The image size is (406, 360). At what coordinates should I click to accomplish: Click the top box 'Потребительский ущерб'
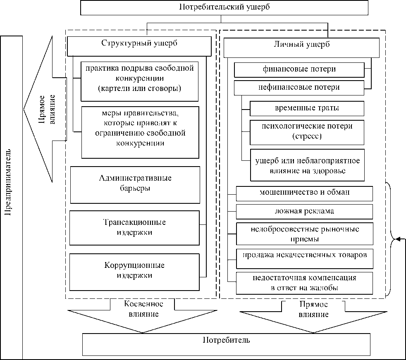224,7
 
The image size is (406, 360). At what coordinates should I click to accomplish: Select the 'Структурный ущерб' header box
139,45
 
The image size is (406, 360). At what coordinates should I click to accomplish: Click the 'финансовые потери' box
300,70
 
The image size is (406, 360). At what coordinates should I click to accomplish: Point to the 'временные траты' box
307,108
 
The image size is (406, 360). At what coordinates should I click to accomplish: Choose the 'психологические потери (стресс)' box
307,130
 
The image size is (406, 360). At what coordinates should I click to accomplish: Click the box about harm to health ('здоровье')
307,165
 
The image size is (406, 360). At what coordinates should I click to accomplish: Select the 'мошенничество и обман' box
304,193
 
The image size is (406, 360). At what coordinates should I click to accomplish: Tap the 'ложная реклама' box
304,211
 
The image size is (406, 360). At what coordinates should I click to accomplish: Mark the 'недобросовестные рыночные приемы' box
304,234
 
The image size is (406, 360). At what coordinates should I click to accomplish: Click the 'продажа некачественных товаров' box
304,255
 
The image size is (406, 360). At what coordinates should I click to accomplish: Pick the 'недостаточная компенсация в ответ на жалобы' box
304,283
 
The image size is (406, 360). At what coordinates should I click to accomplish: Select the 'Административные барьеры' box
135,184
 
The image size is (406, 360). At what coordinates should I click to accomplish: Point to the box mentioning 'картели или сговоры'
139,81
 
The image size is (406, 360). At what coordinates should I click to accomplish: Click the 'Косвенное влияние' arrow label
143,309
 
